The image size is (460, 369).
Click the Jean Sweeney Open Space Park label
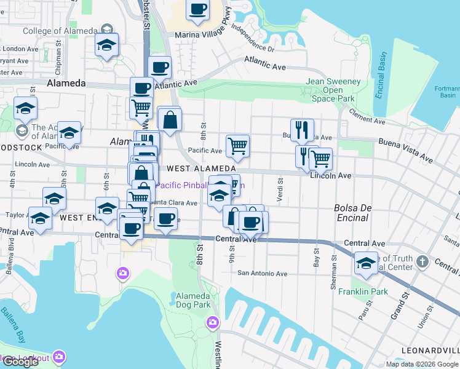(x=333, y=90)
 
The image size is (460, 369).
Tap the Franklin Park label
(x=363, y=292)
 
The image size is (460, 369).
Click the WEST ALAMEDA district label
(x=201, y=169)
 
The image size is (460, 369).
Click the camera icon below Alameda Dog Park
(x=213, y=322)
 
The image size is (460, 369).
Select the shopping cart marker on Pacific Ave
(x=237, y=146)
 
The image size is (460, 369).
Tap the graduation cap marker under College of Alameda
(x=107, y=45)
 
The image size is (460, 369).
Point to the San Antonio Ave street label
(x=263, y=274)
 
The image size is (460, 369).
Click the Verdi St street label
(x=280, y=187)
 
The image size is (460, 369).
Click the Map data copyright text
(x=422, y=364)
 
